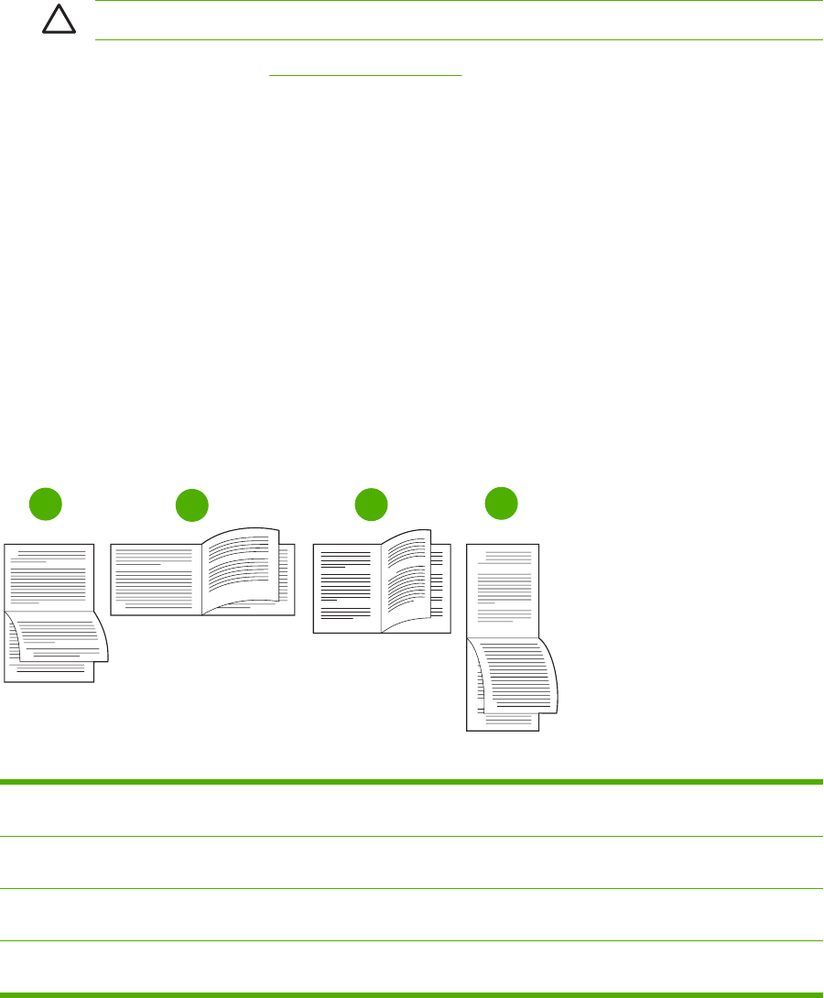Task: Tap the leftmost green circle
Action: click(x=47, y=503)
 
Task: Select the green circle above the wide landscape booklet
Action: click(x=191, y=506)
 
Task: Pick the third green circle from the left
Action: click(x=371, y=505)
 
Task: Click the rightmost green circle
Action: click(x=501, y=503)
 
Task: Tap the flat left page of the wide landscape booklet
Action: click(x=156, y=579)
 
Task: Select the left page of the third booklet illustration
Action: click(x=347, y=586)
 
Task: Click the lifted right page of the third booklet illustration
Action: click(x=406, y=577)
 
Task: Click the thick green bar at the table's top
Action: click(x=412, y=781)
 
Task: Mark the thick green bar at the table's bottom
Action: click(x=412, y=993)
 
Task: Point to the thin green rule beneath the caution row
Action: click(x=458, y=39)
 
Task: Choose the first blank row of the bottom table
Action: click(x=412, y=809)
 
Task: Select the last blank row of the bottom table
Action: click(x=412, y=966)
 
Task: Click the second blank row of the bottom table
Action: click(x=412, y=862)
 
